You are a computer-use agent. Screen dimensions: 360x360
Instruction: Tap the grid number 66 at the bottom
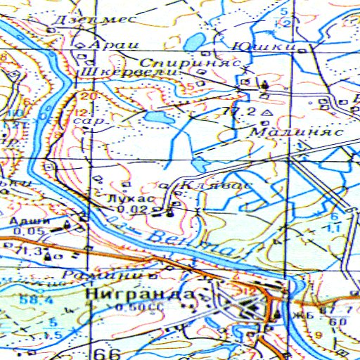[103, 353]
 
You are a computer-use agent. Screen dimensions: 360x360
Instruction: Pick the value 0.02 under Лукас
[131, 210]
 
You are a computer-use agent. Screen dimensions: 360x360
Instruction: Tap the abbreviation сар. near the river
[89, 121]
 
